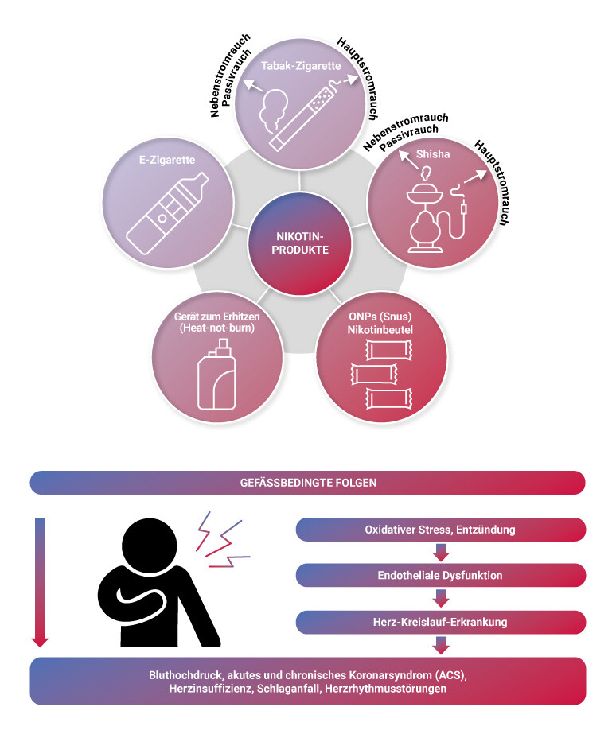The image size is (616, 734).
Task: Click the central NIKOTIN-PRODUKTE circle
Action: tap(300, 243)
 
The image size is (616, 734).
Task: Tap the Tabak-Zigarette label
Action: tap(301, 66)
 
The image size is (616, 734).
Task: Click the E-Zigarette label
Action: tap(167, 160)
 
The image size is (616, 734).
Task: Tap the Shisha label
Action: tap(433, 154)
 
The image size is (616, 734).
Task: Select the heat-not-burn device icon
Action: tap(216, 375)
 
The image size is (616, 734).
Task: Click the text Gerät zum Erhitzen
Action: tap(217, 317)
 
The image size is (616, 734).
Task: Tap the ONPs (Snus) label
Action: tap(380, 317)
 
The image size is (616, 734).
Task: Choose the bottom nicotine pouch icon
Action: tap(389, 398)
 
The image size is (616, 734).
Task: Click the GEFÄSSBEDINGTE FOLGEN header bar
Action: tap(308, 483)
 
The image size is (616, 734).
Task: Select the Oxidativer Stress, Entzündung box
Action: tap(441, 530)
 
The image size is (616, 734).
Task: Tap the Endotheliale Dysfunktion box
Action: tap(441, 575)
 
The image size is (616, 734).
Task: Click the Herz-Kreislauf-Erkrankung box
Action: tap(441, 622)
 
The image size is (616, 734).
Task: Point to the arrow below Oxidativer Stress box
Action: tap(441, 553)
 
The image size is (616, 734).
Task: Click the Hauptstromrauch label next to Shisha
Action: tap(493, 183)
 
